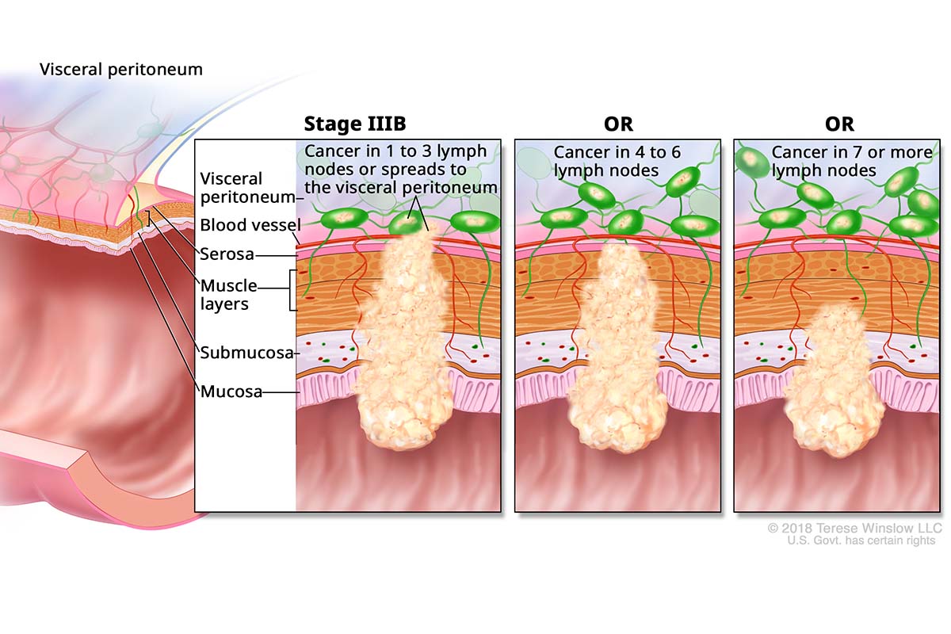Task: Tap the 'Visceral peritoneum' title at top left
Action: coord(121,70)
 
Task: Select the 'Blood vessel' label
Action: coord(247,225)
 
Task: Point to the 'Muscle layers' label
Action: coord(229,294)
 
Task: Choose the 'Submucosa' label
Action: coord(246,352)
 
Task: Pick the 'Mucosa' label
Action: coord(231,391)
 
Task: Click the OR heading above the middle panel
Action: coord(617,124)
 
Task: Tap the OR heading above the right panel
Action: coord(838,124)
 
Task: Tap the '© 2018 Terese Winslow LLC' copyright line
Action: coord(854,528)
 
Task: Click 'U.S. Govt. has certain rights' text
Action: coord(861,540)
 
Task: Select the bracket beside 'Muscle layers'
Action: coord(292,290)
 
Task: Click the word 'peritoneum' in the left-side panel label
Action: coord(246,197)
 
